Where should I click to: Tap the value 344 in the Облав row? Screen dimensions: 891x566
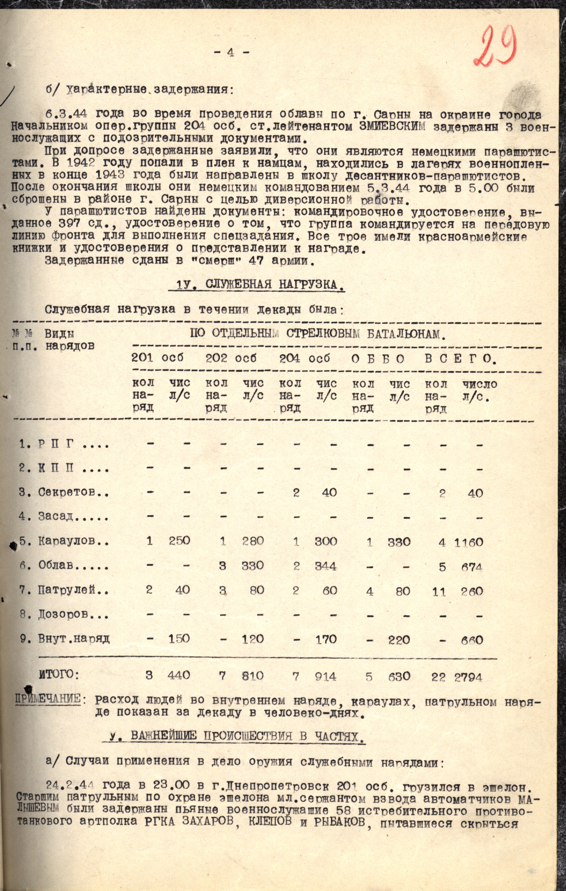[x=326, y=566]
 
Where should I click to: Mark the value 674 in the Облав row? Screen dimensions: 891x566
[x=472, y=567]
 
